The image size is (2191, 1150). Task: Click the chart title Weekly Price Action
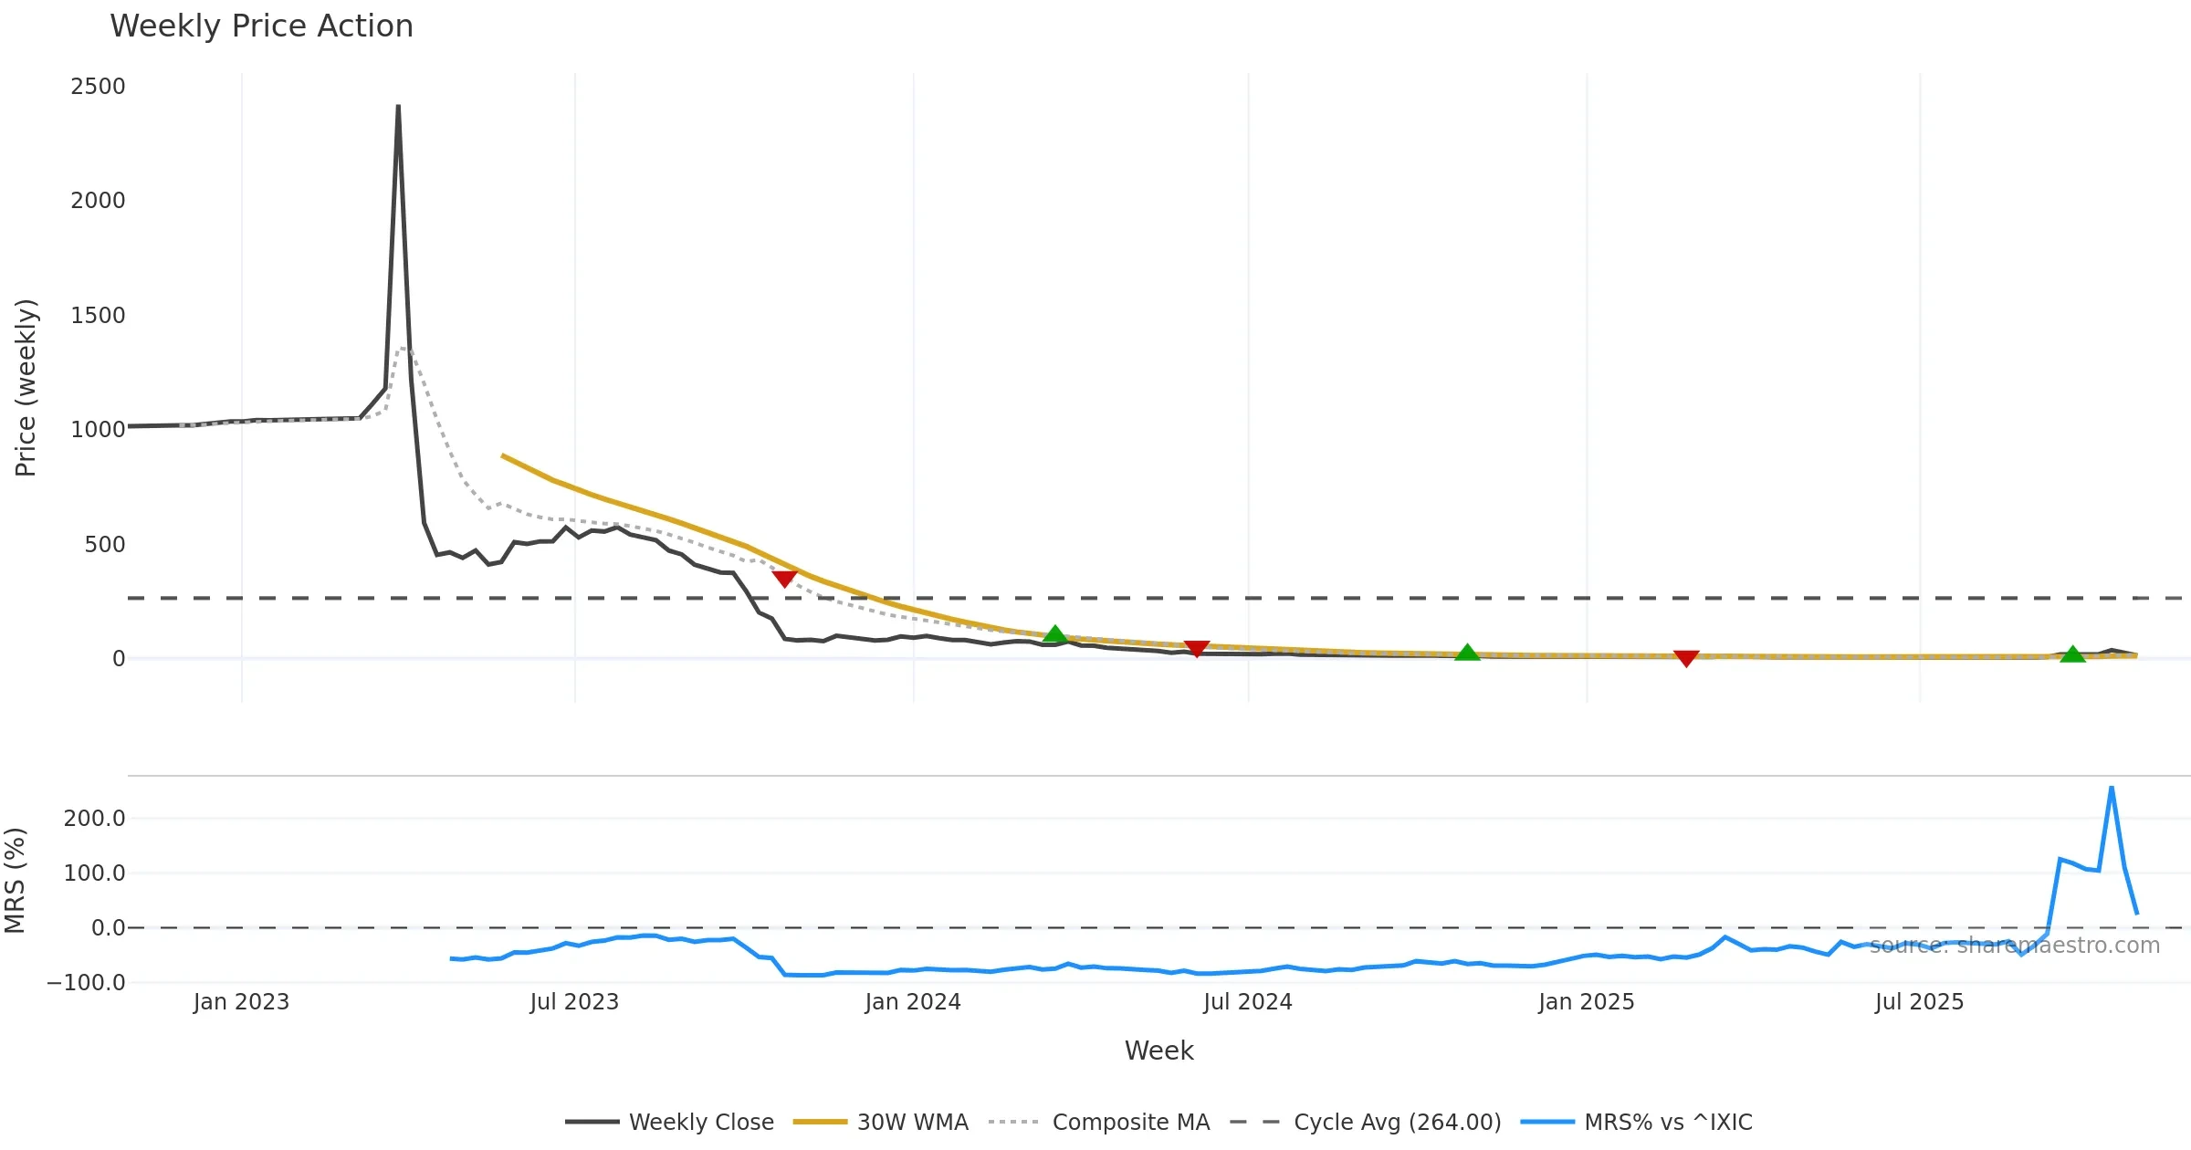coord(261,26)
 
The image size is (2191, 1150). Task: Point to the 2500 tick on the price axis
coord(98,87)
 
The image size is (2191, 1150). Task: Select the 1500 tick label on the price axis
coord(98,316)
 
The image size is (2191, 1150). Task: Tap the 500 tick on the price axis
coord(104,545)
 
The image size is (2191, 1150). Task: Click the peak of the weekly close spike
coord(398,107)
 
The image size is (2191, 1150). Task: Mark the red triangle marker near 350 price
coord(784,578)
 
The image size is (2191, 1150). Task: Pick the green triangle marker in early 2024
coord(1054,634)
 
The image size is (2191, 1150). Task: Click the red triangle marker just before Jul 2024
coord(1196,648)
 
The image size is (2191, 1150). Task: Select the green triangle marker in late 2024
coord(1467,653)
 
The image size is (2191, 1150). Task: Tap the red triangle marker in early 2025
coord(1686,658)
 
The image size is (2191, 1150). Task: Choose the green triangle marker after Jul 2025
coord(2072,654)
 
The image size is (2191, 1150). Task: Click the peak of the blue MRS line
coord(2112,787)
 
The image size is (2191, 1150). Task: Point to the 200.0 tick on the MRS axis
coord(94,819)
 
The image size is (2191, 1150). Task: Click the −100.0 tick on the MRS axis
coord(86,983)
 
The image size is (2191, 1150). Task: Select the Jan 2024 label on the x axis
coord(913,1002)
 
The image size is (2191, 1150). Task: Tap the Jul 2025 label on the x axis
coord(1919,1002)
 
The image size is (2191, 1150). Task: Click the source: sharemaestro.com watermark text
coord(2014,946)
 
